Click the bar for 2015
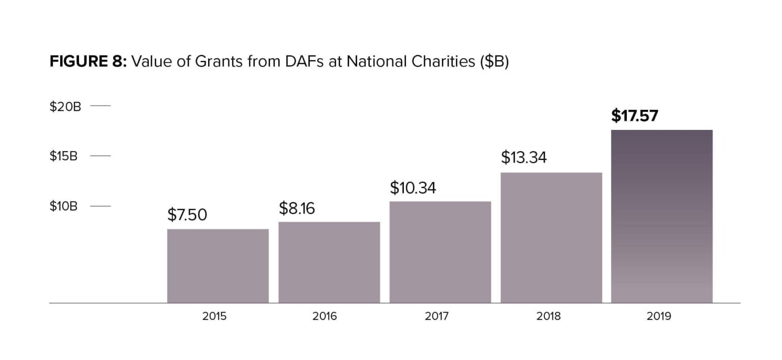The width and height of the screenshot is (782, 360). [218, 266]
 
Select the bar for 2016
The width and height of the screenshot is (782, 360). [329, 262]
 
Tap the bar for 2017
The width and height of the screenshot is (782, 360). [440, 252]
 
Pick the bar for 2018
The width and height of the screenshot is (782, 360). [551, 238]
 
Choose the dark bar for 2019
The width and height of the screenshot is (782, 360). [662, 216]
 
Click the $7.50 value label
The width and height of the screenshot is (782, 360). [187, 215]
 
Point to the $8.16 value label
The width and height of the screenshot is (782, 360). [297, 208]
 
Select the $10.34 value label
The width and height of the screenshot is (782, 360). [413, 188]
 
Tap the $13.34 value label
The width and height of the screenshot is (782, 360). [524, 157]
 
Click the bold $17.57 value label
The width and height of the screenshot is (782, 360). [634, 116]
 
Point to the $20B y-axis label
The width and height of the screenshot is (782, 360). [65, 106]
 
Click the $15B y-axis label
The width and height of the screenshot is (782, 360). [64, 156]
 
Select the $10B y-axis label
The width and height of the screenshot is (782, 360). [64, 206]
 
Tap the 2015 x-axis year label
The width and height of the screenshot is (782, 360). [214, 316]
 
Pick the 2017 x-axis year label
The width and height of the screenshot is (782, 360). [437, 316]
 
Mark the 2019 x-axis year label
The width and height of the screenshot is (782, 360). [659, 316]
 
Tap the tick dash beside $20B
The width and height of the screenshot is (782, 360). [100, 106]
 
